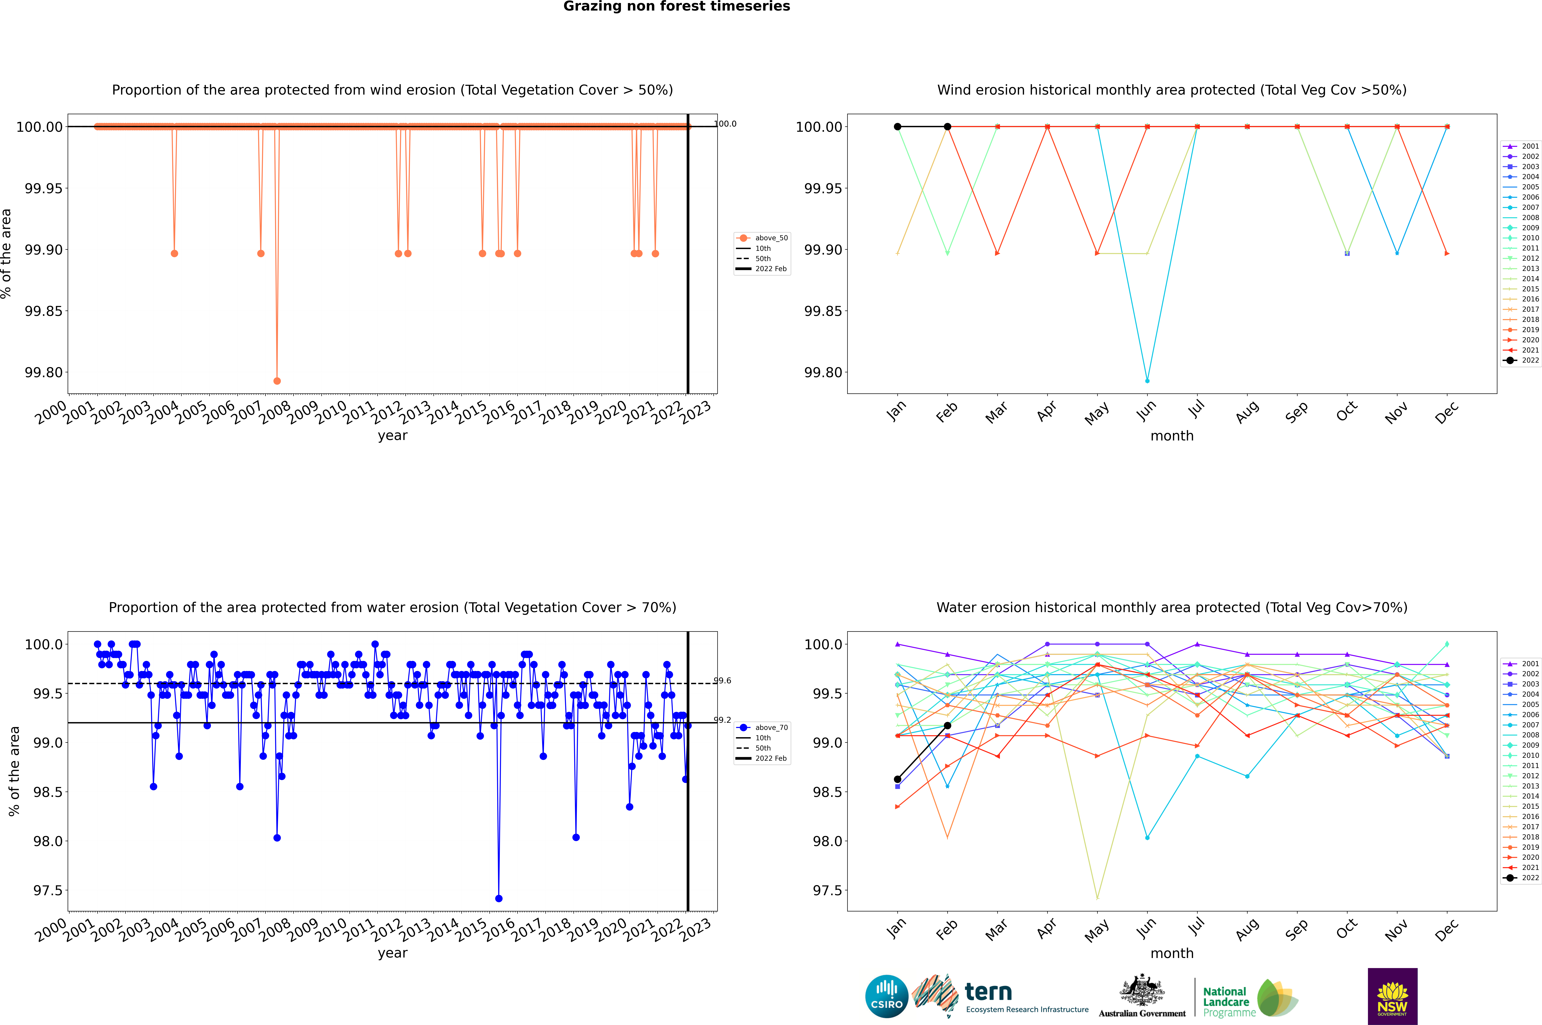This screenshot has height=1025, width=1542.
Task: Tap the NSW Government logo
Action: pyautogui.click(x=1392, y=996)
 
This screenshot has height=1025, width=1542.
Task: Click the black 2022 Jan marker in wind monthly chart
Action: pyautogui.click(x=898, y=127)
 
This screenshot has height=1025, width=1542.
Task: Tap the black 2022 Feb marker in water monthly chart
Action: pyautogui.click(x=947, y=726)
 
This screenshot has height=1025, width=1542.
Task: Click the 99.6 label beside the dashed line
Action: pyautogui.click(x=722, y=681)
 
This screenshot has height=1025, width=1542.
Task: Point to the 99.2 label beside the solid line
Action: pyautogui.click(x=722, y=720)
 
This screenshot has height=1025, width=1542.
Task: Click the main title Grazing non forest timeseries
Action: pyautogui.click(x=677, y=6)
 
